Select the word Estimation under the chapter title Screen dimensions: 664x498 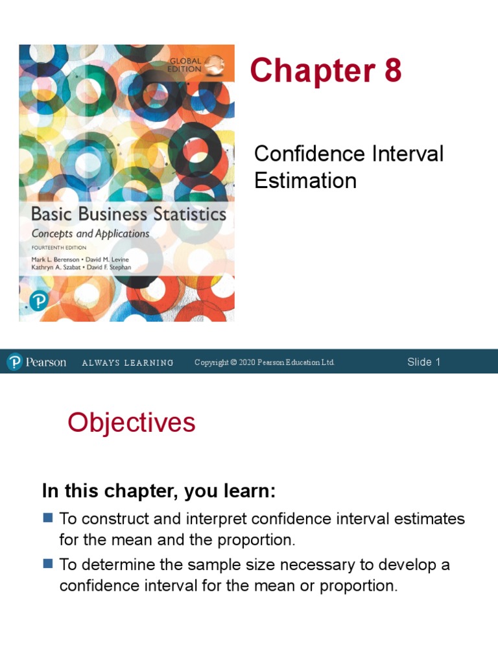(x=305, y=180)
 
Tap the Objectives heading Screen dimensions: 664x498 (x=132, y=423)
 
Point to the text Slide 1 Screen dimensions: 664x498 (x=423, y=362)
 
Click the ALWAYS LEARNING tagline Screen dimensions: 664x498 (x=128, y=362)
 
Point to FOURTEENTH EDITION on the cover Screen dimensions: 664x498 (x=60, y=248)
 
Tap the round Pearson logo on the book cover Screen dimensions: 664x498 (x=39, y=301)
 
